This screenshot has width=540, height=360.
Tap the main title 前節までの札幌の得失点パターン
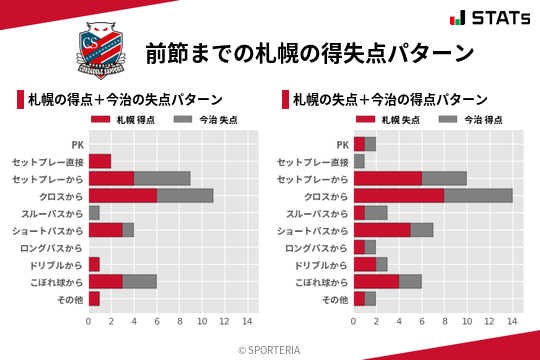tap(309, 52)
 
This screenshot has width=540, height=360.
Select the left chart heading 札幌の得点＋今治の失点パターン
tap(124, 100)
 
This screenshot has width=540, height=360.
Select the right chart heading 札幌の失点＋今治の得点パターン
tap(390, 100)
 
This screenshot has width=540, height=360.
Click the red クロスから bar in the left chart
tap(122, 195)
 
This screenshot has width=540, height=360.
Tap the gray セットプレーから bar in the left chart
tap(162, 178)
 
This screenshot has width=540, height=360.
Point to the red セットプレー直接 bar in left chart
tap(99, 161)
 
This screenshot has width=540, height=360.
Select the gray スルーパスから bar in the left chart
tap(94, 213)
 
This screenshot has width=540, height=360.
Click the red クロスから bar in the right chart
tap(399, 195)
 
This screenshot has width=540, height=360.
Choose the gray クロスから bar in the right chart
tap(478, 195)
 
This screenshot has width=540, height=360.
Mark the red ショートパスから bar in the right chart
tap(382, 230)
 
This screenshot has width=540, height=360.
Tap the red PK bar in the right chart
tap(359, 144)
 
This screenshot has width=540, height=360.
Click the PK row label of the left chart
tap(77, 144)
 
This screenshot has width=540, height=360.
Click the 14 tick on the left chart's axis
tap(247, 322)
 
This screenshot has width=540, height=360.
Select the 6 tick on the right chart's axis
tap(422, 322)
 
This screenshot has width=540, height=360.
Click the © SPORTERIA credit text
tap(269, 349)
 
